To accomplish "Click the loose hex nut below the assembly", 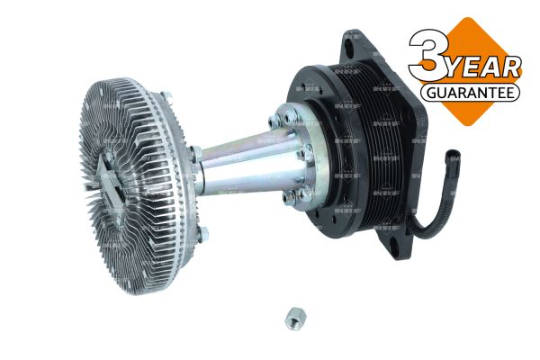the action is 295,318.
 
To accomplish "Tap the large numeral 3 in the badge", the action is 429,55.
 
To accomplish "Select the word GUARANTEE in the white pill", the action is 470,93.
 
